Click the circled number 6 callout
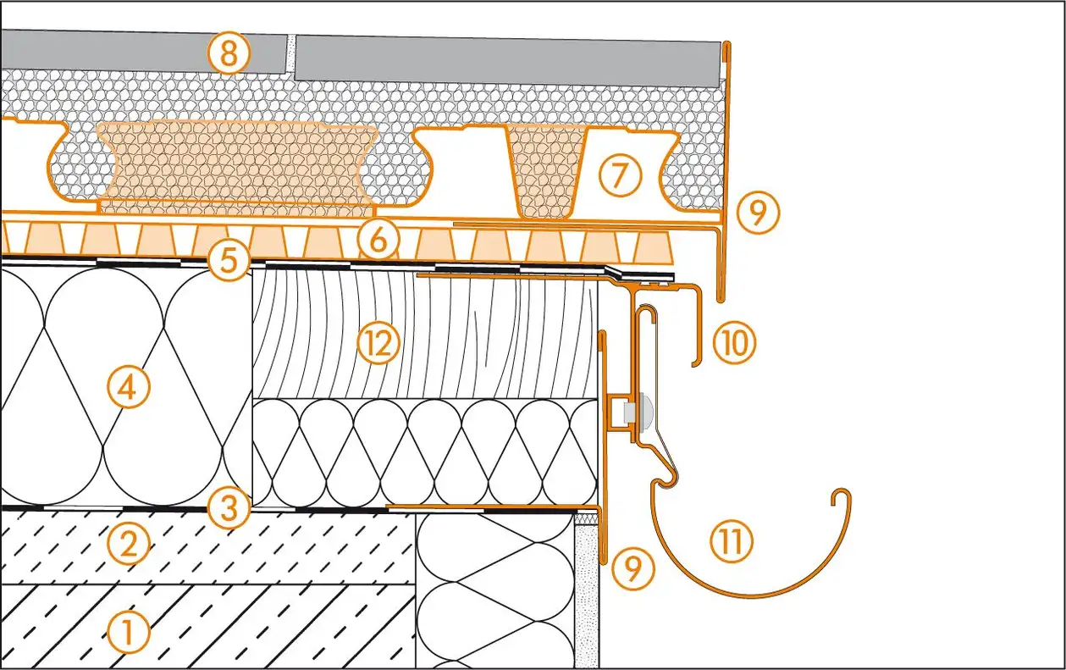pyautogui.click(x=378, y=241)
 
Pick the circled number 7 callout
pyautogui.click(x=618, y=175)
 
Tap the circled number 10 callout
pyautogui.click(x=733, y=345)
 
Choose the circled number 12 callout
pyautogui.click(x=376, y=344)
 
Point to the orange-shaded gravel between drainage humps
pyautogui.click(x=237, y=165)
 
